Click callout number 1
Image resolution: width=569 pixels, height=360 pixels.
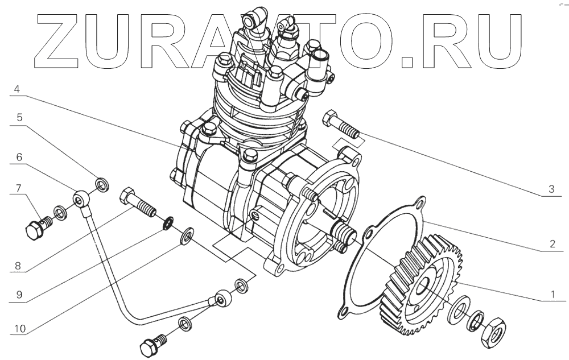[551, 295]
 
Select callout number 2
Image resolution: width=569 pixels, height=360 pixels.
[551, 245]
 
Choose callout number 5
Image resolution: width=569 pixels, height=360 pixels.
[19, 118]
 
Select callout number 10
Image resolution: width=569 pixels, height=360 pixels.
[19, 328]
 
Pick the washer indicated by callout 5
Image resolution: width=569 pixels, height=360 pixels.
[102, 184]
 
